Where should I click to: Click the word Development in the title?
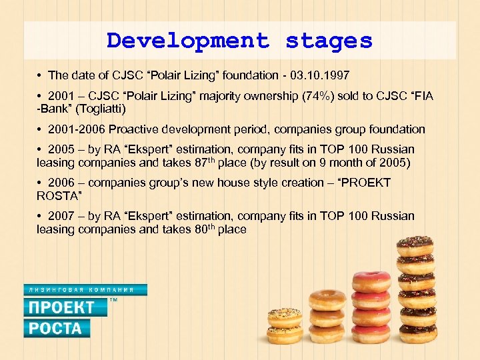[x=188, y=41]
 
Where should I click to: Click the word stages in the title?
[x=329, y=41]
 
